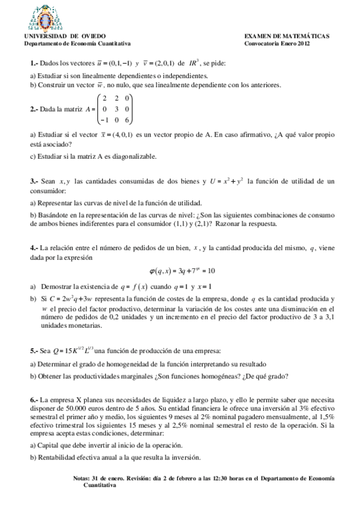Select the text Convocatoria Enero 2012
pos(276,43)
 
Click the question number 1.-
pos(34,64)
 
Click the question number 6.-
pos(34,399)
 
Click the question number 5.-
pos(34,351)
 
